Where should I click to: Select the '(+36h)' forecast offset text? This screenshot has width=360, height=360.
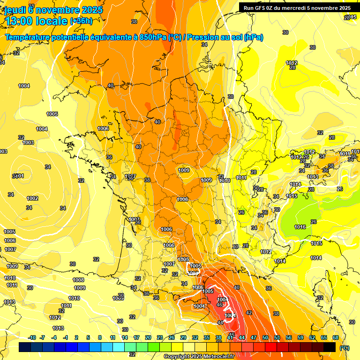pyautogui.click(x=81, y=21)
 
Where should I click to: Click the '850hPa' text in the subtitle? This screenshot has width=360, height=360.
pyautogui.click(x=152, y=37)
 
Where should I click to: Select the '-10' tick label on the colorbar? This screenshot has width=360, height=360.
pyautogui.click(x=32, y=338)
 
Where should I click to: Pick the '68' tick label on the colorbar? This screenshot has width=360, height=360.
pyautogui.click(x=336, y=338)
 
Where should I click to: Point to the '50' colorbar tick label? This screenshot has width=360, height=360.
pyautogui.click(x=265, y=338)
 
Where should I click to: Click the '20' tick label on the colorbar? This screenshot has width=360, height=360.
pyautogui.click(x=148, y=338)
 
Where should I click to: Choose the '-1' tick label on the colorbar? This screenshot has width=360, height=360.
pyautogui.click(x=66, y=338)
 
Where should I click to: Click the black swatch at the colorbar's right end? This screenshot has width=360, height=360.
pyautogui.click(x=330, y=347)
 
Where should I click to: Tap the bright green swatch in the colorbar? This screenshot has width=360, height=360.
pyautogui.click(x=154, y=347)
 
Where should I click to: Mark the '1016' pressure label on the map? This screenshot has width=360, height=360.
pyautogui.click(x=300, y=227)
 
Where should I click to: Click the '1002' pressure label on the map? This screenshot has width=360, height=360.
pyautogui.click(x=32, y=198)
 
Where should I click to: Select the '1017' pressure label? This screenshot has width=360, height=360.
pyautogui.click(x=266, y=252)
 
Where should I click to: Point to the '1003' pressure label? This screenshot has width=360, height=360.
pyautogui.click(x=28, y=142)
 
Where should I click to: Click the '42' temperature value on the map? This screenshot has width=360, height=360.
pyautogui.click(x=249, y=313)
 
